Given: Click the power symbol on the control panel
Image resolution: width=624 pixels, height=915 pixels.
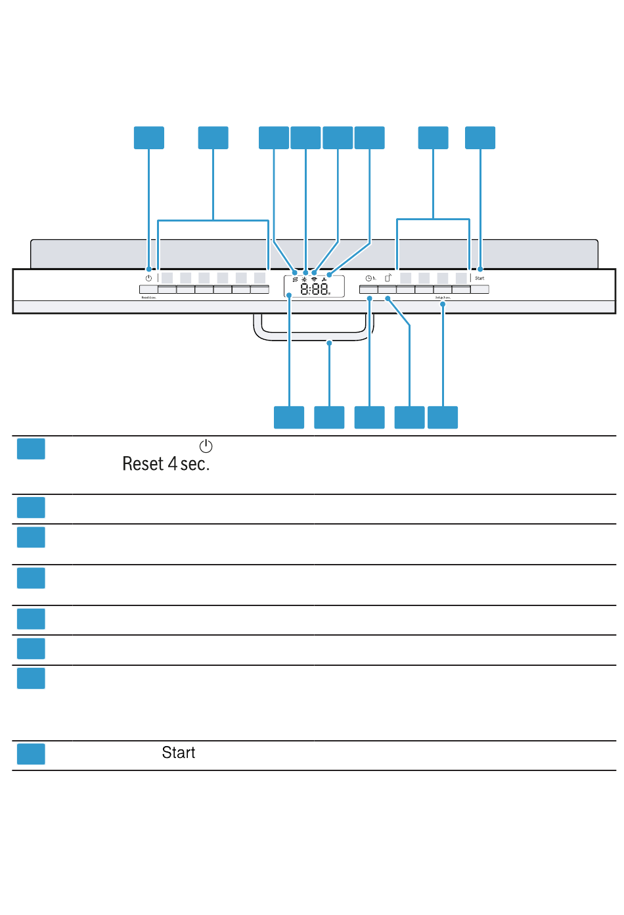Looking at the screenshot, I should pos(149,278).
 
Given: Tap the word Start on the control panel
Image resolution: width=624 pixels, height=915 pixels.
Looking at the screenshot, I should pos(479,278).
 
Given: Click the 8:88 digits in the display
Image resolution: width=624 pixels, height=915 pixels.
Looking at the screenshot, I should pos(315,289).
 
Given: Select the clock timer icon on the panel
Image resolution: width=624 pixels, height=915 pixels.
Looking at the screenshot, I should pos(369,278).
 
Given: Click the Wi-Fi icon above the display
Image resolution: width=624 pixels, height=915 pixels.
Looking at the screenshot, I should pos(315,279).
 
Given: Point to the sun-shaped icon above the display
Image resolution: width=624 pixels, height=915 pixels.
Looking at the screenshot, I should pos(304,279).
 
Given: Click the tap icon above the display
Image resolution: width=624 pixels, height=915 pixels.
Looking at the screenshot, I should pos(324,279).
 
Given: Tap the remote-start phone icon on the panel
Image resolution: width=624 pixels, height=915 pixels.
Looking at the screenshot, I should pos(388,277).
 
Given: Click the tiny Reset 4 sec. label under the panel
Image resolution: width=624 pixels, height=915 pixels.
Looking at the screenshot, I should pos(148,298).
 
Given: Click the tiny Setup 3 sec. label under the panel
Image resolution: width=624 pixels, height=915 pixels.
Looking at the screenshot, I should pos(443,298).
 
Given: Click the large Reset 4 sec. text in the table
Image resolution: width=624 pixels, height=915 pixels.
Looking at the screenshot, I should pos(166,464).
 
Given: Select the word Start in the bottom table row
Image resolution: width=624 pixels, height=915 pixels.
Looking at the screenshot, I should pos(179,753).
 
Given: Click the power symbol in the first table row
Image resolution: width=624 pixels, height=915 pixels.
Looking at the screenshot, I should pos(206,446).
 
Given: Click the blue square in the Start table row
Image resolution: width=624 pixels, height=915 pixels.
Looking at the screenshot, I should pos(31,754).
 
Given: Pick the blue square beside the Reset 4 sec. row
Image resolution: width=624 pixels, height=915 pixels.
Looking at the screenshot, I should pos(31,449).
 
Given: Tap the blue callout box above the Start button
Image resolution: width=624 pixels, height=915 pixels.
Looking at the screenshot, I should pos(480,138).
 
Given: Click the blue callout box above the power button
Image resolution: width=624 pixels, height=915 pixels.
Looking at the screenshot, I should pos(149,138).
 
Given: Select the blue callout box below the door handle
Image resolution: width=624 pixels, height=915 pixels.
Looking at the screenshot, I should pos(329,417).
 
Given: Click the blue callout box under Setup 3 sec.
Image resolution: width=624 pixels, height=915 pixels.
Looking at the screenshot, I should pos(443,417).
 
